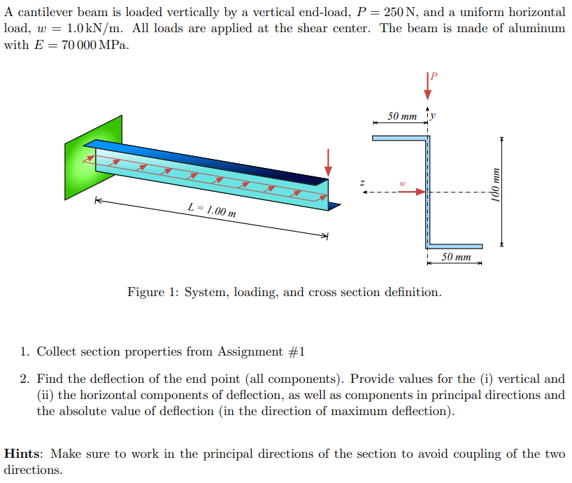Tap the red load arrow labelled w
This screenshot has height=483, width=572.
413,192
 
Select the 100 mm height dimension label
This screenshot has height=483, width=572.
495,191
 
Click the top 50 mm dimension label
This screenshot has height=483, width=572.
402,115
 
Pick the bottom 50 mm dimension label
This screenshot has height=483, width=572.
457,257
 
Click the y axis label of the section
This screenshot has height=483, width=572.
434,115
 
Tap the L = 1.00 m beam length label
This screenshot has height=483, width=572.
212,208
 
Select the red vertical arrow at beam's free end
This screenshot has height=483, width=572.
328,162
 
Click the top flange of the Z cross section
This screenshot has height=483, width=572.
399,138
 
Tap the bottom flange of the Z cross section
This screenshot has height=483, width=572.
455,246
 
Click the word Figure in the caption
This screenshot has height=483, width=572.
145,292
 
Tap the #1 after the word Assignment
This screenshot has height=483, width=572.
297,351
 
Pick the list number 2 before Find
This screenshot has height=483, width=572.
24,379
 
